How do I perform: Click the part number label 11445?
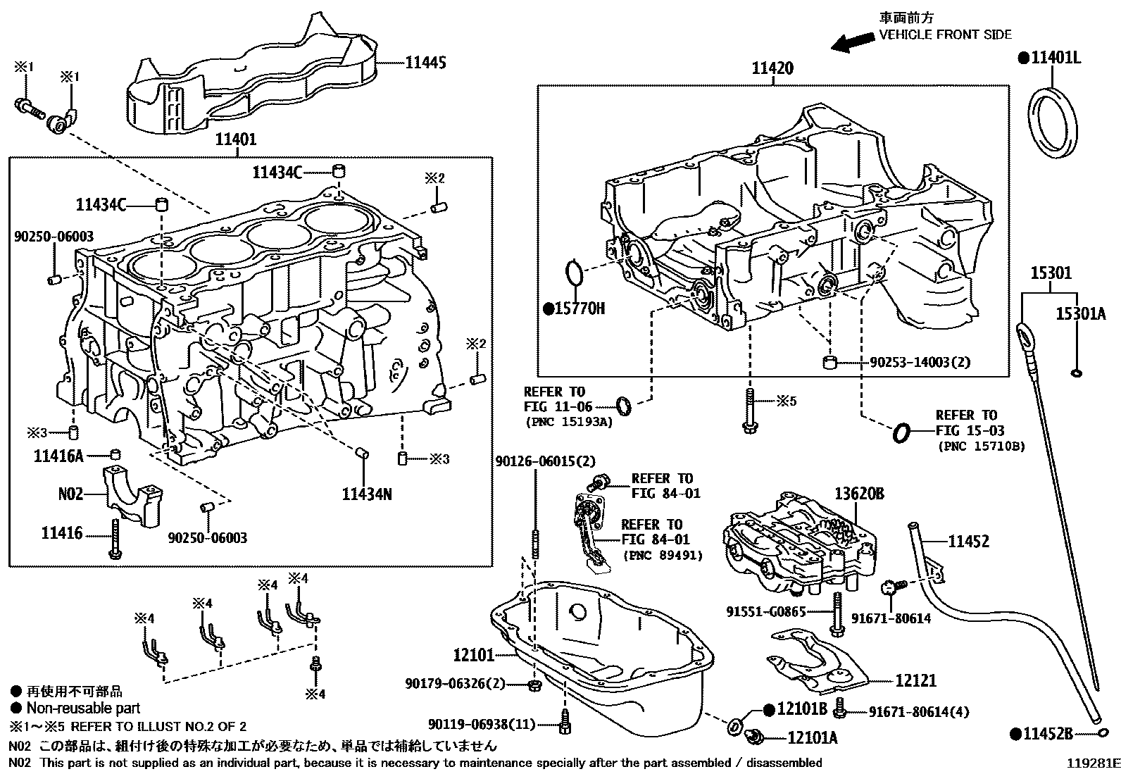[425, 63]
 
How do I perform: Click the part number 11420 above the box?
[772, 68]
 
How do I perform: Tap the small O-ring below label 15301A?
[1076, 373]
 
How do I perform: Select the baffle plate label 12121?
[916, 680]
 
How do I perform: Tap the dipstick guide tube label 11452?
[968, 541]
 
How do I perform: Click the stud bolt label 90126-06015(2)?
[545, 461]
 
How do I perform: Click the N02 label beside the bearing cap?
[70, 494]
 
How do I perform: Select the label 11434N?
[367, 494]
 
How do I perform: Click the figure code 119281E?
[1091, 763]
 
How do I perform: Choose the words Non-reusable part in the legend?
[83, 709]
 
